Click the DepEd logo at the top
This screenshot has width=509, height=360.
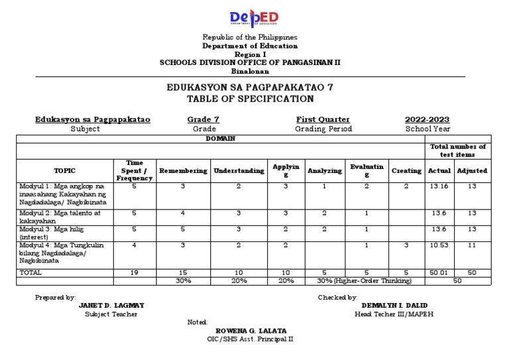click(254, 18)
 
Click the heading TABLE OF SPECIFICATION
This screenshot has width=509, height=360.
click(250, 99)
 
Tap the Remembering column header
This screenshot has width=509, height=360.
click(184, 170)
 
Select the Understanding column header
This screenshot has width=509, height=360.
click(239, 170)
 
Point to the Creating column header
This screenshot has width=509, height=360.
click(406, 170)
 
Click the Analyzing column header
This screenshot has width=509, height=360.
click(324, 170)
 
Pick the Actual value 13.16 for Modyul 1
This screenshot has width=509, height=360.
click(439, 187)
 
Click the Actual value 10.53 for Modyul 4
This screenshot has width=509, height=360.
click(439, 245)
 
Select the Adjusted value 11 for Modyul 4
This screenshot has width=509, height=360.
click(472, 245)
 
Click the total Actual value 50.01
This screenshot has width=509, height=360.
click(439, 272)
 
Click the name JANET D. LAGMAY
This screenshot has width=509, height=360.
click(111, 306)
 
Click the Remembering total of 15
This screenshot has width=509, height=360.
click(184, 272)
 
